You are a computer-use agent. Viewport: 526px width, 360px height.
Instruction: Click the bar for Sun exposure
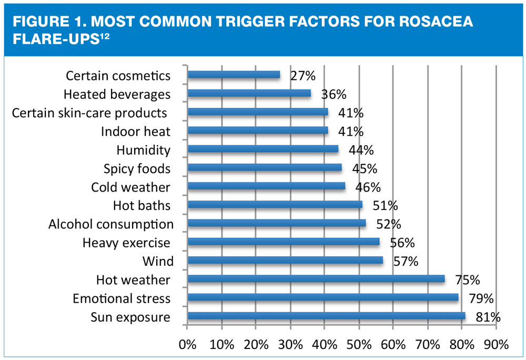(x=326, y=316)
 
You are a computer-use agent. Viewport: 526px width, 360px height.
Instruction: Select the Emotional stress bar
(x=323, y=297)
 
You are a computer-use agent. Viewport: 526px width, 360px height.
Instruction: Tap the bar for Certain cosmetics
(x=234, y=75)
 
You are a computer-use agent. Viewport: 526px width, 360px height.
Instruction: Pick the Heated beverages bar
(x=249, y=93)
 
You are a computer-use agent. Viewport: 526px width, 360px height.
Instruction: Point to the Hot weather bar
(x=316, y=279)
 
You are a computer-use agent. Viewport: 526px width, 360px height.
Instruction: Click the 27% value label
(x=303, y=76)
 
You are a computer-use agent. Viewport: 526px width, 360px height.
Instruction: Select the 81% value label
(x=488, y=317)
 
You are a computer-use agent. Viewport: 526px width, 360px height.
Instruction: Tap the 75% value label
(x=468, y=280)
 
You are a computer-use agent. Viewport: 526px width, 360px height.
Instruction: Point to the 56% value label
(x=402, y=243)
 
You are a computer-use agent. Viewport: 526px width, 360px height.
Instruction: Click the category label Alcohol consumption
(x=111, y=224)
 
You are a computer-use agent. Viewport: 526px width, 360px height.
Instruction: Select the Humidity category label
(x=144, y=150)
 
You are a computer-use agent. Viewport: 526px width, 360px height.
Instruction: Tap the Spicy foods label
(x=137, y=168)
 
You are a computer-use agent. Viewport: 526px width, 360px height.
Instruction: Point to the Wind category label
(x=158, y=261)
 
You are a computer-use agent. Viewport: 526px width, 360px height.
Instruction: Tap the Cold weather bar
(x=266, y=186)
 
